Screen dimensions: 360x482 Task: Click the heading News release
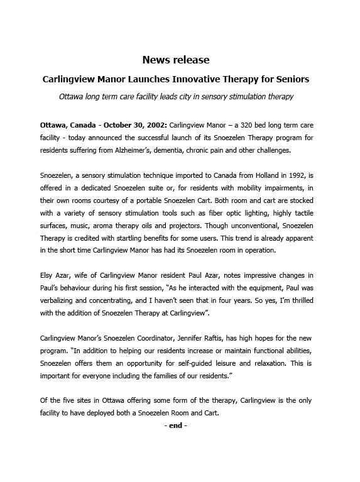click(176, 60)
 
